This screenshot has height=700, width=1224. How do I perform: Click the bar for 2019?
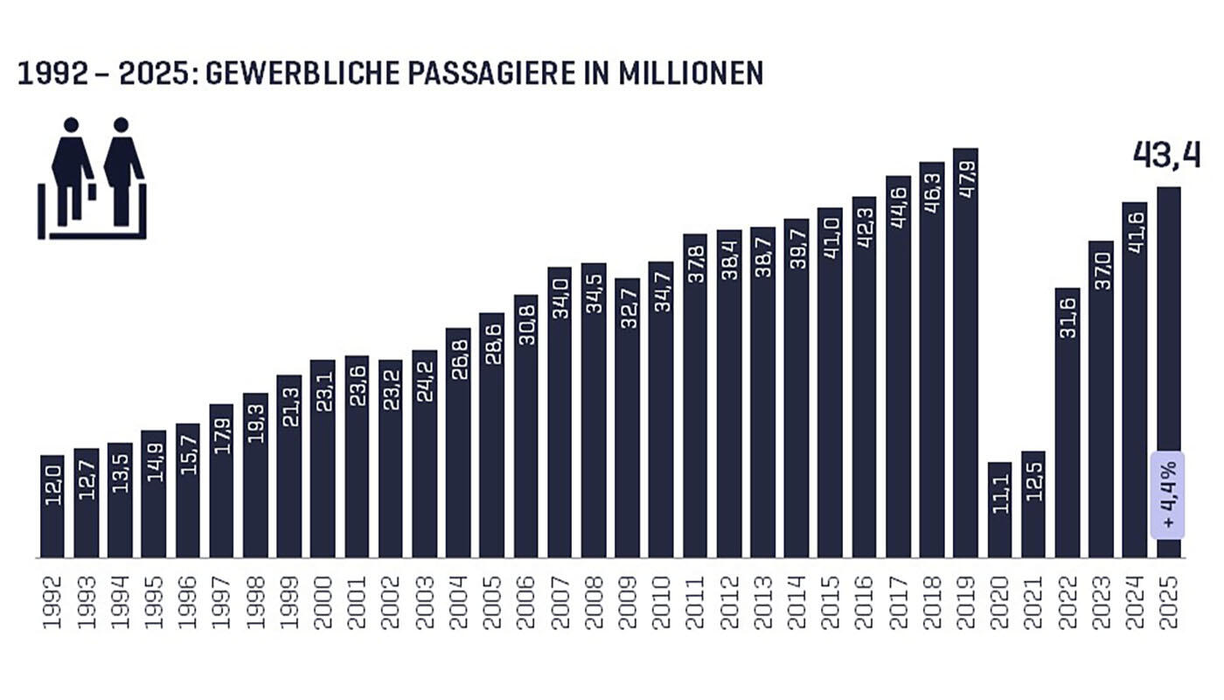click(965, 367)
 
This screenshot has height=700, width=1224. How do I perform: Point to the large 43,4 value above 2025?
click(1166, 154)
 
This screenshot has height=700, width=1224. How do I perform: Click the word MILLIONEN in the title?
click(691, 73)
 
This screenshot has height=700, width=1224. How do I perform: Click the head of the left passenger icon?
click(71, 125)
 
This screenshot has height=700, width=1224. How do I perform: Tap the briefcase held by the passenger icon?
click(92, 191)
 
